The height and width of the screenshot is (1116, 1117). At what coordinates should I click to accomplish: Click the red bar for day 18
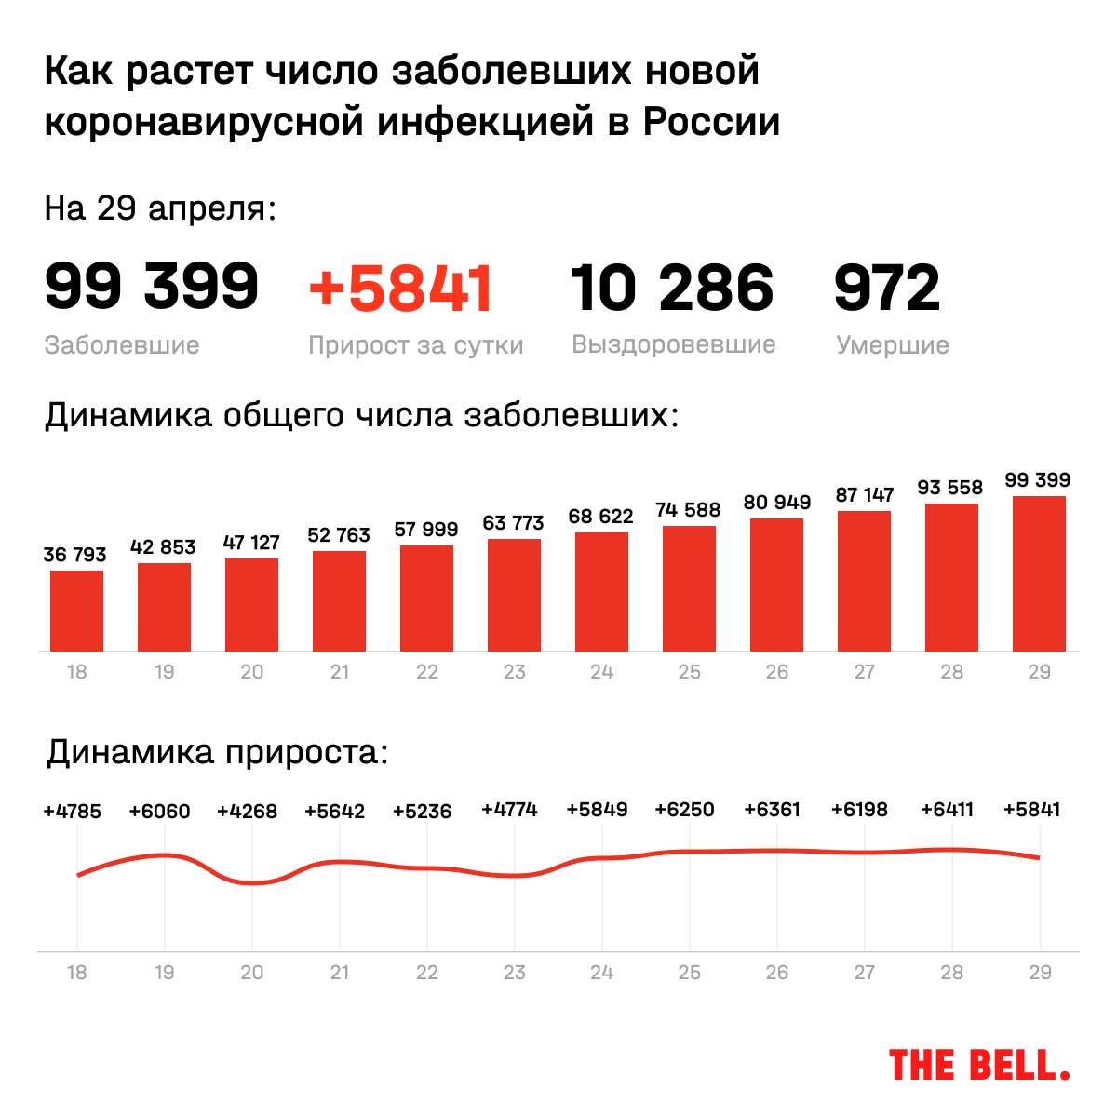(76, 611)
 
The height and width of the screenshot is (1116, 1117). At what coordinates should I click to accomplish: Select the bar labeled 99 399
(1039, 573)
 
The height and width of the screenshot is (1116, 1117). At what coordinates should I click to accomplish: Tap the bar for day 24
(601, 592)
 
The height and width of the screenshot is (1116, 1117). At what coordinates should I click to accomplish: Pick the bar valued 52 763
(339, 601)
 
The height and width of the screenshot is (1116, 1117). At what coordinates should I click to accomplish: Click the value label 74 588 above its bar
(689, 510)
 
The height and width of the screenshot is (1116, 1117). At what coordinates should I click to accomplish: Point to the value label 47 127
(251, 543)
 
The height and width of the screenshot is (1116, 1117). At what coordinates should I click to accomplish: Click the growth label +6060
(159, 812)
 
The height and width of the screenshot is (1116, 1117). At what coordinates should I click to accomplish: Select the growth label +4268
(247, 812)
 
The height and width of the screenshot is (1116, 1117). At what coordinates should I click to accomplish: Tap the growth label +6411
(947, 810)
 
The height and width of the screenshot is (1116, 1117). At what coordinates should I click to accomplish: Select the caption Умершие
(893, 345)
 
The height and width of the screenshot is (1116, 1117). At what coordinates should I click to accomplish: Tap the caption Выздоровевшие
(674, 344)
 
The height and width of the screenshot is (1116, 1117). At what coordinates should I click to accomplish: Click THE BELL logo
(979, 1065)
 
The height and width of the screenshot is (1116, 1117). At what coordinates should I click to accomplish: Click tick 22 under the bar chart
(426, 672)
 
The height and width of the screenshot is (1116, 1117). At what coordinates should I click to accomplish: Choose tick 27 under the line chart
(864, 973)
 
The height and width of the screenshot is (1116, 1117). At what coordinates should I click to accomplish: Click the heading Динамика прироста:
(217, 752)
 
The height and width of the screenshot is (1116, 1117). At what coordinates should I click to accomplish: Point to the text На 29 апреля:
(160, 208)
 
